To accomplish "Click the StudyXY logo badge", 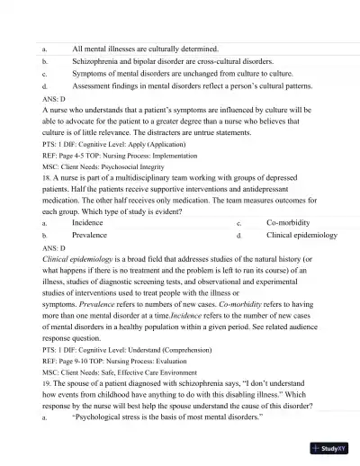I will click(x=332, y=447).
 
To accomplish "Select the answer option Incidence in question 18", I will click(x=87, y=221).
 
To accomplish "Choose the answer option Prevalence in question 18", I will click(x=89, y=234).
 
